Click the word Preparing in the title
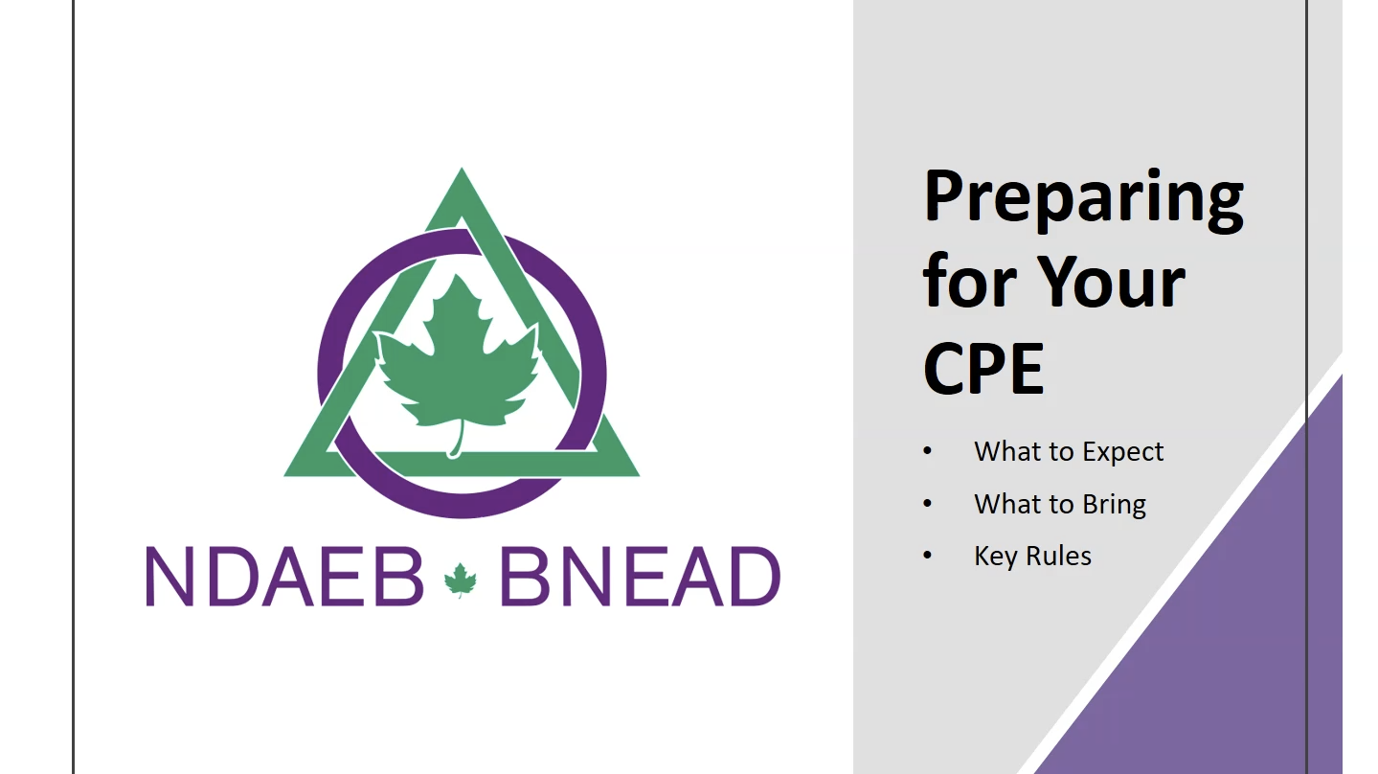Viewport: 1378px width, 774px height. pyautogui.click(x=1083, y=200)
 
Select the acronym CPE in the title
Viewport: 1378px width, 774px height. pyautogui.click(x=983, y=369)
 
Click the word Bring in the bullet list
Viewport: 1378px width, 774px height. pyautogui.click(x=1114, y=505)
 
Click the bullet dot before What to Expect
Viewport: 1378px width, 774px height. pyautogui.click(x=928, y=451)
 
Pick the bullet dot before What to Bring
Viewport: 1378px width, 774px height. pyautogui.click(x=928, y=504)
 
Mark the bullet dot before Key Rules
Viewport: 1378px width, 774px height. pyautogui.click(x=928, y=556)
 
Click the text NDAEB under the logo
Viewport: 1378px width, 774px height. pyautogui.click(x=284, y=577)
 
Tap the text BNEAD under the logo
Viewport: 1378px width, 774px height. pyautogui.click(x=640, y=577)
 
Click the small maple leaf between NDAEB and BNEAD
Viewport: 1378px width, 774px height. pyautogui.click(x=461, y=580)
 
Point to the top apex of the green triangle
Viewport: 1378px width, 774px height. pyautogui.click(x=462, y=169)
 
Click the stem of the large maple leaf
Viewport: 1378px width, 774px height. pyautogui.click(x=457, y=441)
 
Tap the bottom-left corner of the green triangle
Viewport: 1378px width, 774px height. pyautogui.click(x=284, y=475)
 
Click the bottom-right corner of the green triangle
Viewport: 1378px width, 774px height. pyautogui.click(x=639, y=475)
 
